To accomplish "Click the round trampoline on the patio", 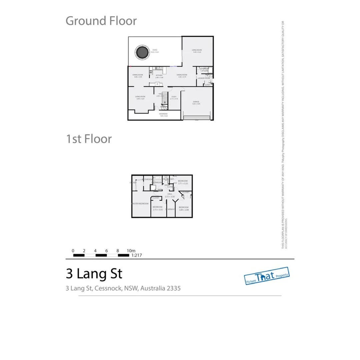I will (141, 52).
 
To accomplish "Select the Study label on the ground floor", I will (174, 98).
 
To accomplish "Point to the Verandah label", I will (163, 115).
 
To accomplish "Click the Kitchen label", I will (159, 76).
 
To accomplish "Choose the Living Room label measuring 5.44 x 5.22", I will (197, 51).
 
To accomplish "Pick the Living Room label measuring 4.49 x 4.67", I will (140, 98).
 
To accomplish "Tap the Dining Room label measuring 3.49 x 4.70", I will (182, 76).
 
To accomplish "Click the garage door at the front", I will (197, 117).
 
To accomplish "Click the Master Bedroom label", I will (140, 203).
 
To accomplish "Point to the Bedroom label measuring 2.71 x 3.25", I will (183, 182).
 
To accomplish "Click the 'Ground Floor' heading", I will (101, 21).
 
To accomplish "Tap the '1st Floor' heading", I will (89, 139).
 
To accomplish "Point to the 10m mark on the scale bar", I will (131, 251).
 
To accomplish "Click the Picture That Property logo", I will (267, 276).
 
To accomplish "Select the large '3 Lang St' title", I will (94, 274).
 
